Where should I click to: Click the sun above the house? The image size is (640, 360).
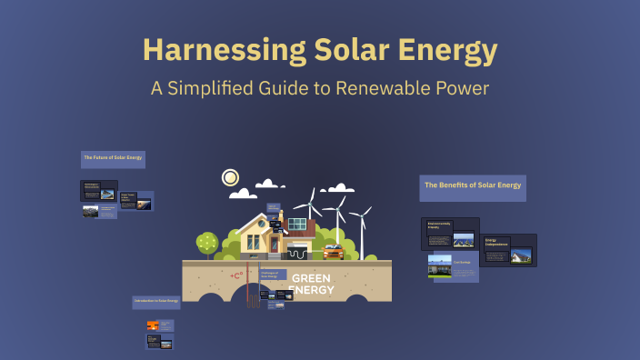[x=230, y=177]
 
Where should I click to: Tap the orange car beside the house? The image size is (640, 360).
[x=334, y=252]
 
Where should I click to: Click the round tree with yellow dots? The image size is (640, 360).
[x=207, y=242]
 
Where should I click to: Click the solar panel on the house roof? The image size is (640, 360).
[x=297, y=224]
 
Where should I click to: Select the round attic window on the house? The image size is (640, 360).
[x=261, y=222]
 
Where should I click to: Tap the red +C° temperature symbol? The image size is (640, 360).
[x=237, y=274]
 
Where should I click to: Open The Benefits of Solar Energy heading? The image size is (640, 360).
[x=472, y=185]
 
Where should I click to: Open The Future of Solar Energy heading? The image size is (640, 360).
[x=113, y=158]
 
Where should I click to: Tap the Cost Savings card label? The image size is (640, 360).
[x=462, y=261]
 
